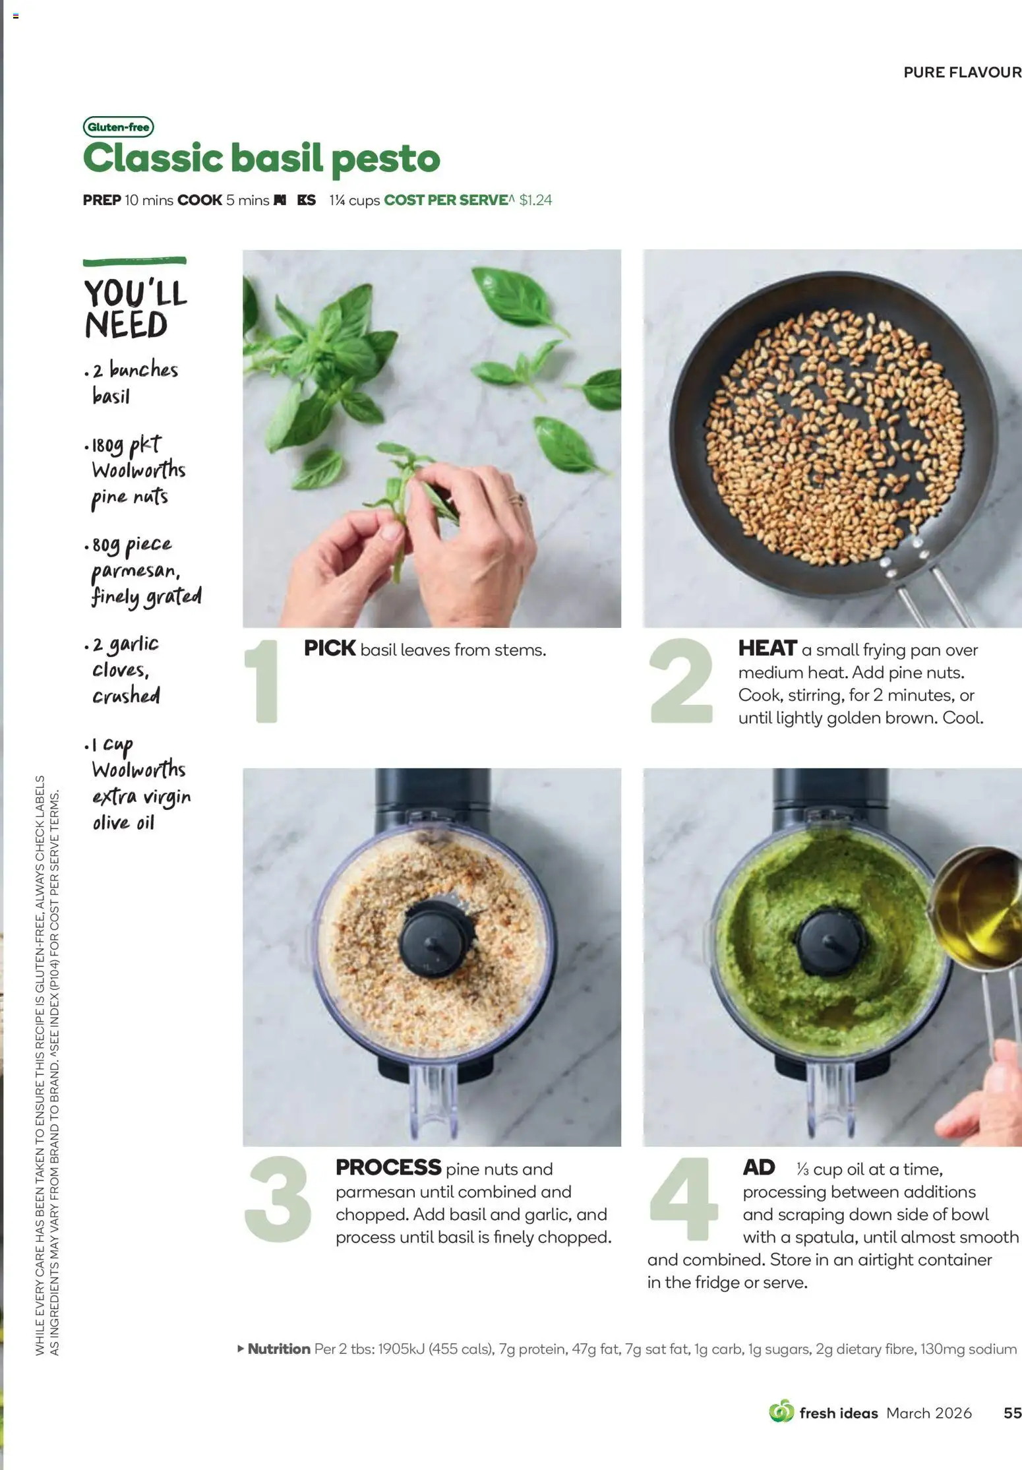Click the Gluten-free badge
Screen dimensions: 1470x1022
tap(118, 127)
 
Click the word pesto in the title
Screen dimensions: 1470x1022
tap(385, 159)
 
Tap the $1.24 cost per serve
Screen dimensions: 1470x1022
tap(535, 200)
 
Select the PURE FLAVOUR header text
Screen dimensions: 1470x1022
tap(961, 72)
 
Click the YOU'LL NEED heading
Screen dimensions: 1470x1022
tap(135, 309)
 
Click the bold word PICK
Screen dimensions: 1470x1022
tap(330, 648)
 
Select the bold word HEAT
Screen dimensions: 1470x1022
tap(767, 648)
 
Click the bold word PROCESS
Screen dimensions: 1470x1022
tap(388, 1167)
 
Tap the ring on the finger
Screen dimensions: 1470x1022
tap(516, 499)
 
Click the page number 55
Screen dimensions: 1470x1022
tap(1011, 1413)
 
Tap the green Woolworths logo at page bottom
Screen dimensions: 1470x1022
tap(781, 1412)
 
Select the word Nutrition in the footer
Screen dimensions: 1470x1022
tap(278, 1349)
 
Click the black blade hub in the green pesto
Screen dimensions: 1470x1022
tap(829, 940)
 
